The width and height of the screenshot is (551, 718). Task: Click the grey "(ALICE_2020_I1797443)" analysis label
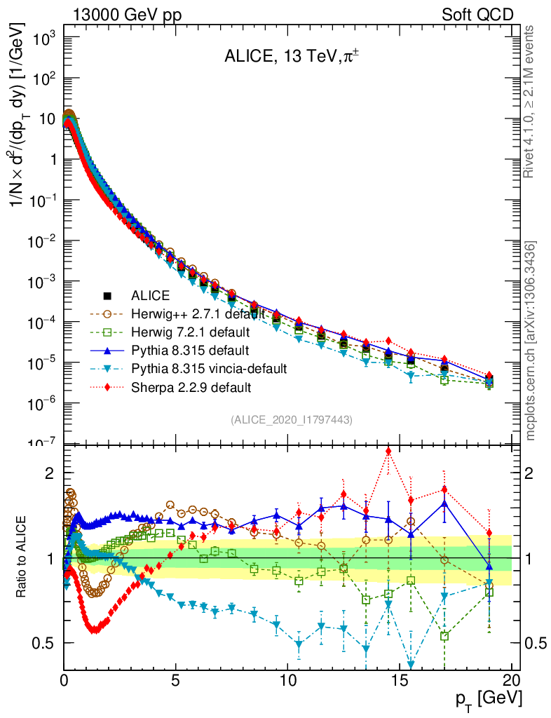(291, 419)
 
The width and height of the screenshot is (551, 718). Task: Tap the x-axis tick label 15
(400, 680)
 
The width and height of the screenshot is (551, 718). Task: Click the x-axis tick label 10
(287, 680)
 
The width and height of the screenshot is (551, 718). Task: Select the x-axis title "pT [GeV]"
(489, 698)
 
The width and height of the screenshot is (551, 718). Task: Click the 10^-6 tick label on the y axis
(41, 403)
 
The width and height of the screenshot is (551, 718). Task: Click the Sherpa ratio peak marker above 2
(388, 451)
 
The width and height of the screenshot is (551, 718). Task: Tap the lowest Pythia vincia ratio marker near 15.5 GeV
(411, 665)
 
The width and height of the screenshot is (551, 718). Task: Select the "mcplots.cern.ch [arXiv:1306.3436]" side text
(531, 341)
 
